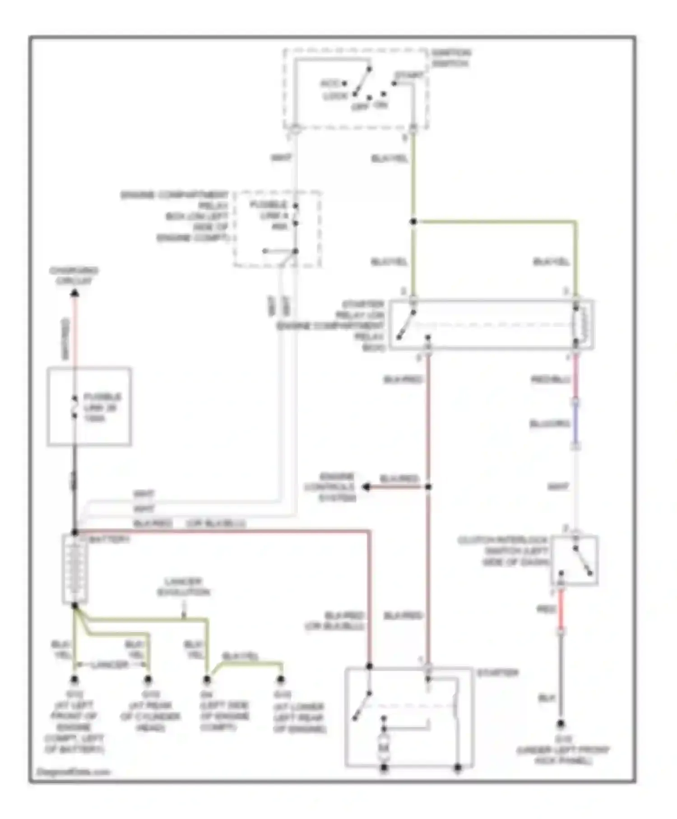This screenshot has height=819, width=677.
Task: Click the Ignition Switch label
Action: [450, 58]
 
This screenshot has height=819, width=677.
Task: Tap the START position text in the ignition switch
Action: [409, 75]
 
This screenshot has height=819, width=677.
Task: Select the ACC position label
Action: [330, 84]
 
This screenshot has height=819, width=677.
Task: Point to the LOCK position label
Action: [335, 96]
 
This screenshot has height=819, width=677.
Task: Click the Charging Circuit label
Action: [74, 276]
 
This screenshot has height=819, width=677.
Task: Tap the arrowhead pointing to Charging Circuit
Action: [75, 293]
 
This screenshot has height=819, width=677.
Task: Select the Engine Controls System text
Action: [330, 487]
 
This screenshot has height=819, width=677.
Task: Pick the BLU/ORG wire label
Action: [550, 424]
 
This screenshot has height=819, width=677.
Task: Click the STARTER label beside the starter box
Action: [497, 673]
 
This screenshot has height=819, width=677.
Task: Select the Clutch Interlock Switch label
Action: [503, 551]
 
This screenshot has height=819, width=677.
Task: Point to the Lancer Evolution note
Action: [183, 586]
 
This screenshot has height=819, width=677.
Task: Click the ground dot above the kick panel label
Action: [561, 724]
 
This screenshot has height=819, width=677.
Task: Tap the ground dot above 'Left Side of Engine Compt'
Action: [207, 679]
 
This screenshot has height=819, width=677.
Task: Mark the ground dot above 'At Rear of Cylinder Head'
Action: [148, 679]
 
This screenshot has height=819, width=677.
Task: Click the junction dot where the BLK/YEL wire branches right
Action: [413, 222]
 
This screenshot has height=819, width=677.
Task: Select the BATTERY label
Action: [110, 539]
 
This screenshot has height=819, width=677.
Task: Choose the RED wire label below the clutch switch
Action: [545, 610]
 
